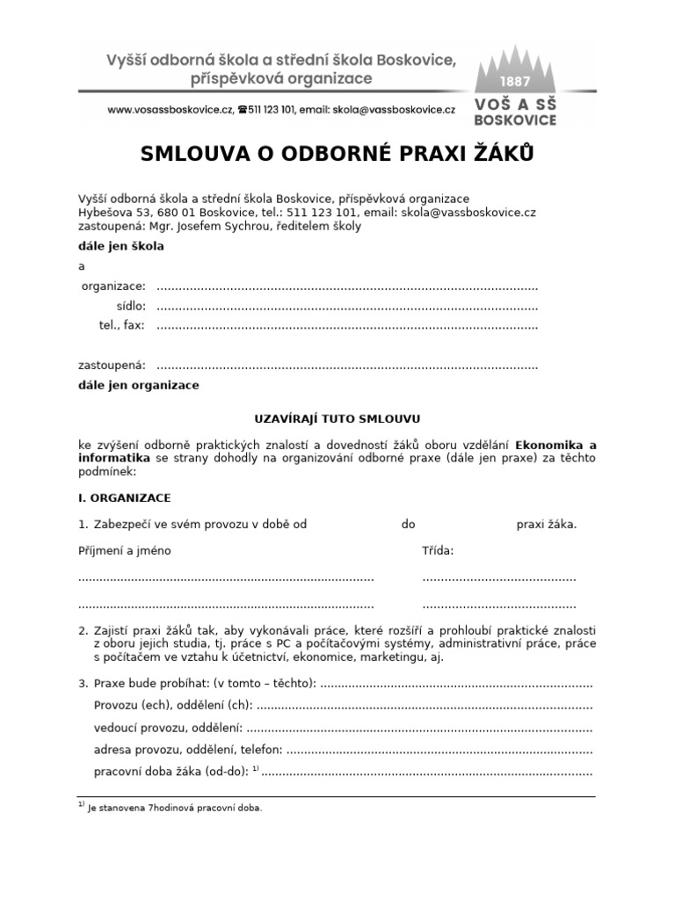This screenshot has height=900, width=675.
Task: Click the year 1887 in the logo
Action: pyautogui.click(x=516, y=81)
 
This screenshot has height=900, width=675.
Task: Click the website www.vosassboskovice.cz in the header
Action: pyautogui.click(x=170, y=110)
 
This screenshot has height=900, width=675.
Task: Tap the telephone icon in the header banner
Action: pyautogui.click(x=242, y=110)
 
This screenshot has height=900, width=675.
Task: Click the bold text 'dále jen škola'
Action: pyautogui.click(x=121, y=246)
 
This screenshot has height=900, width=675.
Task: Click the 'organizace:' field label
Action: pyautogui.click(x=113, y=287)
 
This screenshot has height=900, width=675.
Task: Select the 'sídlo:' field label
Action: pyautogui.click(x=131, y=306)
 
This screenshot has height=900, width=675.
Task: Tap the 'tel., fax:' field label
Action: pyautogui.click(x=121, y=325)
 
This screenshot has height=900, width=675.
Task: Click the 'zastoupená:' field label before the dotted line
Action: pyautogui.click(x=112, y=366)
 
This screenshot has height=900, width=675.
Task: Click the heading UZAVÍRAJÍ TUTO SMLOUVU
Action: pyautogui.click(x=337, y=420)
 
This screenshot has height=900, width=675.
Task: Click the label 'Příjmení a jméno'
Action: pyautogui.click(x=125, y=551)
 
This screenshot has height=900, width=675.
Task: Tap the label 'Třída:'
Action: pyautogui.click(x=439, y=551)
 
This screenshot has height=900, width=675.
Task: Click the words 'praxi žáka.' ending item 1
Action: pyautogui.click(x=547, y=525)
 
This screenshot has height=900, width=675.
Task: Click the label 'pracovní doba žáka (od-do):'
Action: pyautogui.click(x=171, y=772)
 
